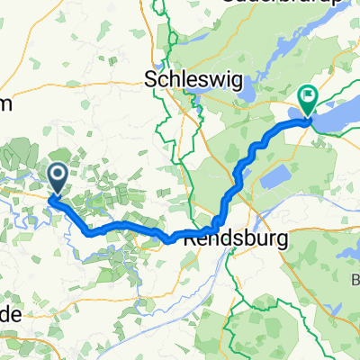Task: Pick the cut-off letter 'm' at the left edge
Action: pos(4,104)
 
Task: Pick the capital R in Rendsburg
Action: pos(189,241)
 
